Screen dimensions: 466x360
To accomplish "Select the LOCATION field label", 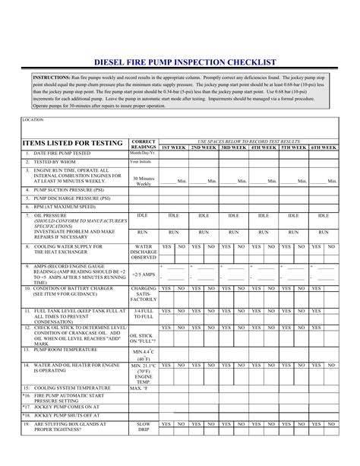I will pos(33,120).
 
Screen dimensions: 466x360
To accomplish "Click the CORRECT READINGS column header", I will pos(144,144).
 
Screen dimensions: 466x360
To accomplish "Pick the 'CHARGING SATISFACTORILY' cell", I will pos(144,294).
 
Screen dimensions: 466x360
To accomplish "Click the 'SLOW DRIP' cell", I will pos(144,427).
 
